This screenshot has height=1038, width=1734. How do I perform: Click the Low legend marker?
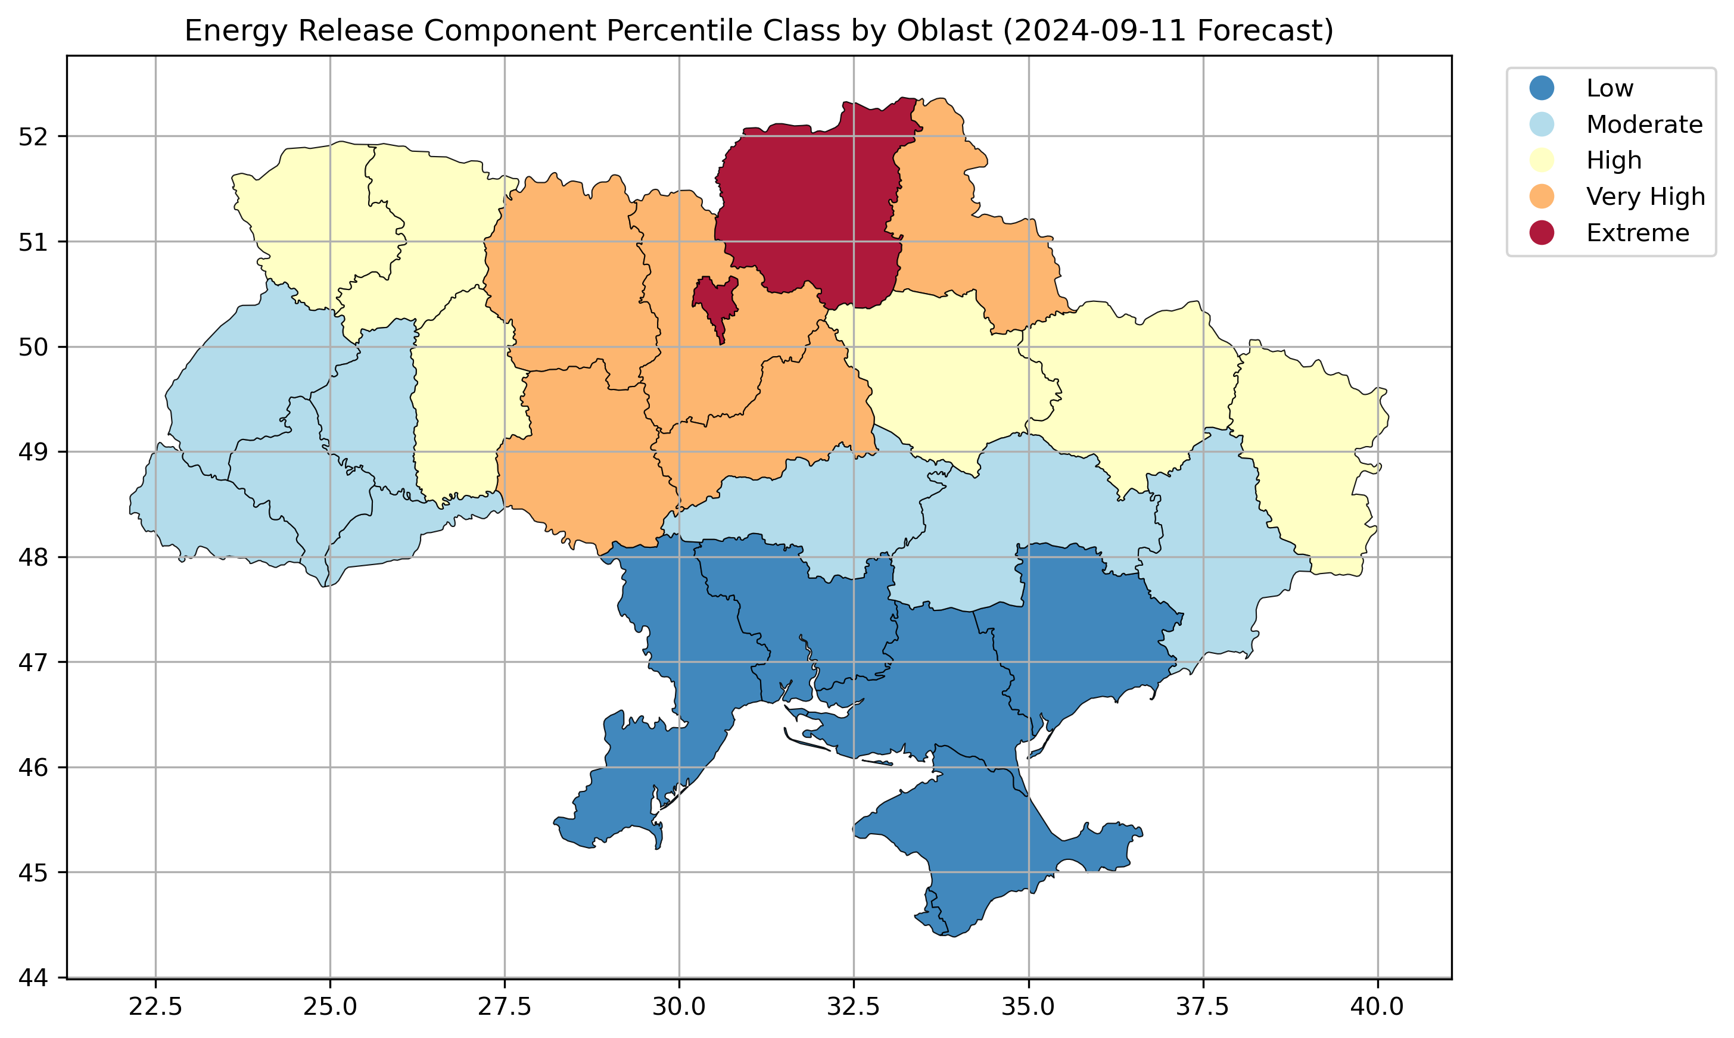[1542, 88]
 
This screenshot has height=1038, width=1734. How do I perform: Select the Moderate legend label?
[1644, 124]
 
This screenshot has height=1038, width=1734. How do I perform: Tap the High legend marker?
[1542, 160]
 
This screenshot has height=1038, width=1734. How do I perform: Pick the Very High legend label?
[1645, 197]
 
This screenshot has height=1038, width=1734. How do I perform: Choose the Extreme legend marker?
[1542, 233]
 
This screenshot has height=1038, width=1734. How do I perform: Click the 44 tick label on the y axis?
[32, 978]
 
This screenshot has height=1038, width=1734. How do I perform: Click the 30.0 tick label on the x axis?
[678, 1007]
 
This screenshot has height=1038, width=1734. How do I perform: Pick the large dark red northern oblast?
[811, 210]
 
